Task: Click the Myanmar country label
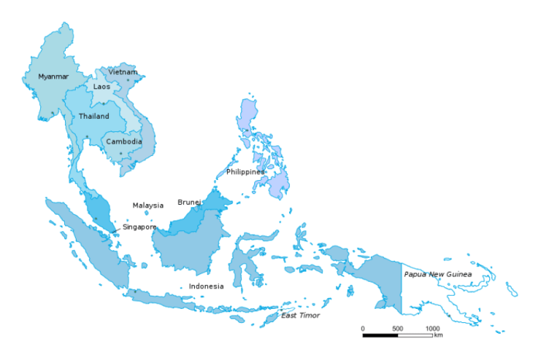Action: click(53, 76)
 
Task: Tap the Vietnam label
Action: click(123, 72)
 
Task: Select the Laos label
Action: click(102, 87)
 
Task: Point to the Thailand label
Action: click(94, 116)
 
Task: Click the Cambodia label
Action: click(124, 141)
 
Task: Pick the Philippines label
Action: click(245, 172)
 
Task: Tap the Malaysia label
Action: click(148, 205)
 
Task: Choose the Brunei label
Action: click(189, 202)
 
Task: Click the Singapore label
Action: click(139, 227)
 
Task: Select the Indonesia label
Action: click(206, 286)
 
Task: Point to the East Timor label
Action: click(300, 315)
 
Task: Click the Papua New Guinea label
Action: click(437, 274)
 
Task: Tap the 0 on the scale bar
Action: click(362, 328)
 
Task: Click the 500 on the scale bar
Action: click(397, 328)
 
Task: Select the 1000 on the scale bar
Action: click(433, 328)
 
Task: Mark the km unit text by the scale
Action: click(438, 335)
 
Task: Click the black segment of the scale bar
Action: click(380, 335)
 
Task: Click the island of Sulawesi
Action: click(250, 259)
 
